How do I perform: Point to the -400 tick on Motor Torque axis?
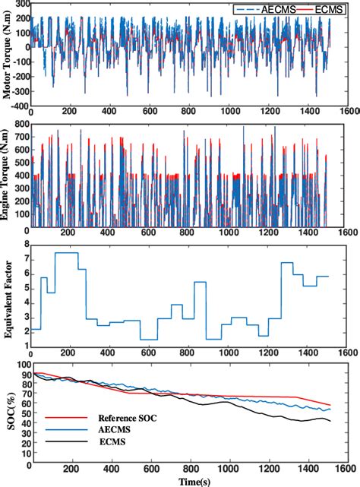coord(20,112)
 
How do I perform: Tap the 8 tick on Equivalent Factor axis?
coord(25,244)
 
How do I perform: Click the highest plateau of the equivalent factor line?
coord(65,252)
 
